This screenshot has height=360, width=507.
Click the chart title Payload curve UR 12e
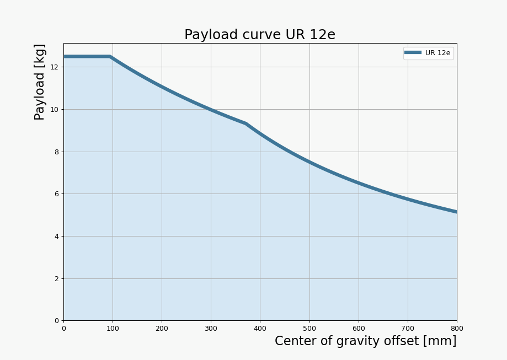coord(259,35)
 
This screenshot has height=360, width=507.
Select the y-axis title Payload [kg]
coord(40,82)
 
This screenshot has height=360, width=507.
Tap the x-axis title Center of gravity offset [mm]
coord(365,341)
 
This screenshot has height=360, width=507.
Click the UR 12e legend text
coord(437,53)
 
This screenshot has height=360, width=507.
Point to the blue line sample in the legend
coord(413,53)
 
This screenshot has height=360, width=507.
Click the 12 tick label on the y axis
coord(54,67)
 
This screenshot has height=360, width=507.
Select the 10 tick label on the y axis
coord(54,109)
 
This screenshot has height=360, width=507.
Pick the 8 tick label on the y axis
coord(56,152)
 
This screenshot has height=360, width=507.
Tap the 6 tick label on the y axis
coord(56,194)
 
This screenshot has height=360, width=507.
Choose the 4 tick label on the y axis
coord(56,236)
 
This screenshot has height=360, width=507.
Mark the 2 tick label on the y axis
coord(56,278)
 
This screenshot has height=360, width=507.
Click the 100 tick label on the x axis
coord(113,329)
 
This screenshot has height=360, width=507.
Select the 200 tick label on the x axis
coord(162,329)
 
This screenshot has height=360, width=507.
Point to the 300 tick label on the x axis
coord(211,329)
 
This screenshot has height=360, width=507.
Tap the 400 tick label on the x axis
coord(260,329)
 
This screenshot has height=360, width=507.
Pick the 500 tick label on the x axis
coord(309,329)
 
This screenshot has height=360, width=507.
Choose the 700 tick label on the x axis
coord(408,329)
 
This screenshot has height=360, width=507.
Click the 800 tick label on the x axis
coord(457,329)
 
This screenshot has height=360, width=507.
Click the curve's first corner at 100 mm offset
coord(110,56)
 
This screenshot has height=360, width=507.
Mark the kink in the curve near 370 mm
coord(246,123)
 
